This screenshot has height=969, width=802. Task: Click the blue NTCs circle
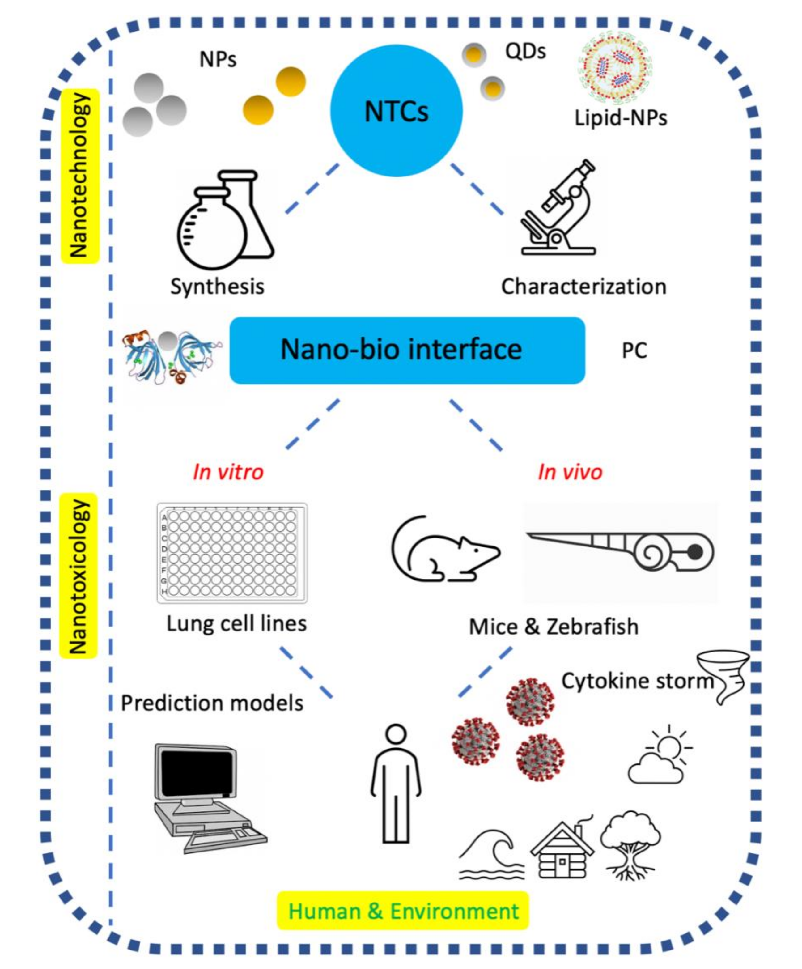tap(396, 111)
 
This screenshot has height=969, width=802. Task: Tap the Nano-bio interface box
tap(407, 350)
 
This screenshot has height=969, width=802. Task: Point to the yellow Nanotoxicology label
tap(79, 575)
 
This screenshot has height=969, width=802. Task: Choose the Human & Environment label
tap(403, 911)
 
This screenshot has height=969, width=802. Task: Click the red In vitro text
tap(228, 472)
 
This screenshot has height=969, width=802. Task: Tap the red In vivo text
tap(570, 472)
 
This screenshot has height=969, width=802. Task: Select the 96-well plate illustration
tap(232, 553)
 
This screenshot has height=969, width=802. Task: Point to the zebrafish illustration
tap(621, 551)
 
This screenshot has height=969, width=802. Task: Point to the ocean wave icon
tap(491, 854)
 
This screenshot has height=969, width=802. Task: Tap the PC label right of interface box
tap(634, 351)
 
